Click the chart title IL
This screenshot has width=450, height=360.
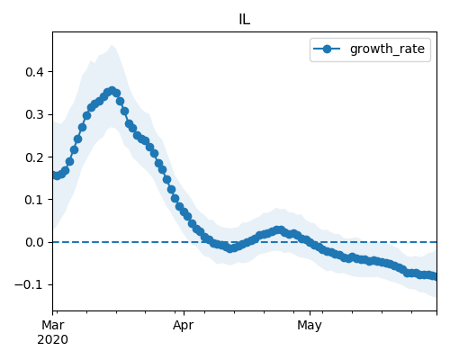(245, 20)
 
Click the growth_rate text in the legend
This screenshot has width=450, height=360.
(387, 49)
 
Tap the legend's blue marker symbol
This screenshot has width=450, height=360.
(327, 49)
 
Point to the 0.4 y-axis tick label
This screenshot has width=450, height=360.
(35, 72)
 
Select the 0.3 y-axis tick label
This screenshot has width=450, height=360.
(35, 114)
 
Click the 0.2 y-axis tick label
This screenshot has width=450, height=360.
(35, 157)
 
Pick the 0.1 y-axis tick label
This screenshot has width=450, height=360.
(35, 200)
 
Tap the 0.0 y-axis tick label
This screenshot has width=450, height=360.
(35, 242)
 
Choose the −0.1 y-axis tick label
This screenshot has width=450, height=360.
(30, 284)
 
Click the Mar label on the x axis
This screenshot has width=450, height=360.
(53, 325)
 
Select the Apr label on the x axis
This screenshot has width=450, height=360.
(184, 325)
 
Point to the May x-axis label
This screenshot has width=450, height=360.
(310, 325)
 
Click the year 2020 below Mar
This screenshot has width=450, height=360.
(53, 339)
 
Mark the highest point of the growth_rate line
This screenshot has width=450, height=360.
(112, 91)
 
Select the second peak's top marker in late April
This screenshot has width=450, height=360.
(280, 230)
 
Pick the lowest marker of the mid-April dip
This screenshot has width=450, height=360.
(230, 248)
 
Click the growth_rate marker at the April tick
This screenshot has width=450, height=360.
(184, 212)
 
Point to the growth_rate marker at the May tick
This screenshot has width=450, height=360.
(310, 242)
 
